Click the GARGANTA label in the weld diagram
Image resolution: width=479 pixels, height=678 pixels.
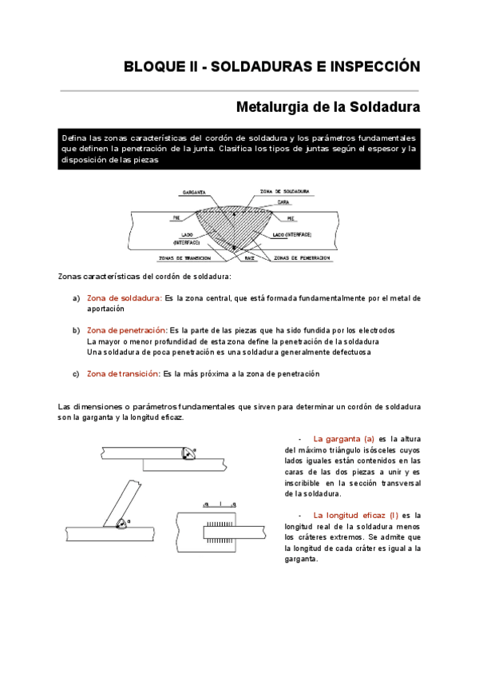click(x=195, y=193)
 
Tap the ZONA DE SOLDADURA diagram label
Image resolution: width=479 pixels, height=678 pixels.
click(x=285, y=192)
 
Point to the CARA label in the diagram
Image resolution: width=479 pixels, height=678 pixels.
click(x=283, y=202)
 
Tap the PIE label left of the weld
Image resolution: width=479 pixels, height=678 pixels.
click(x=177, y=217)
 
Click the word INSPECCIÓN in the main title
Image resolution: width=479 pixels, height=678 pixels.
click(x=374, y=67)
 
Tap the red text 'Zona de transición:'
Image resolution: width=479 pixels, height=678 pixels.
click(x=123, y=373)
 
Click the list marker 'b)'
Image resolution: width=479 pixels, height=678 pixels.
click(x=76, y=330)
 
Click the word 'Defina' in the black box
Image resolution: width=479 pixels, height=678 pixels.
click(x=74, y=138)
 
